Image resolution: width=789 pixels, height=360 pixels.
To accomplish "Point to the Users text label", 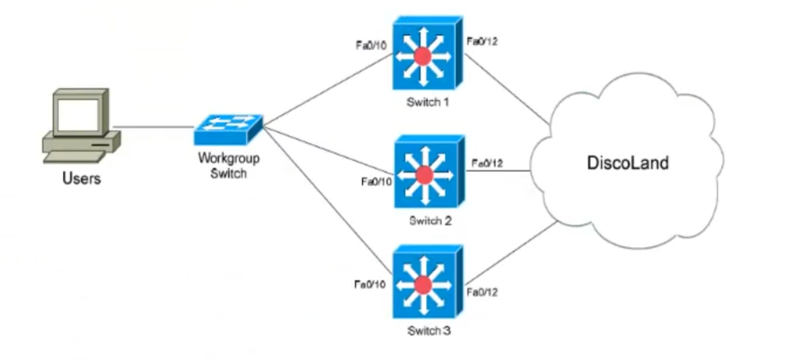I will [x=82, y=180].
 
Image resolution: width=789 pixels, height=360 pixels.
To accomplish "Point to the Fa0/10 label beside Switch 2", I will [x=375, y=183].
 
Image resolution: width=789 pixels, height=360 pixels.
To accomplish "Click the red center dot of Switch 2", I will [x=425, y=174].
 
